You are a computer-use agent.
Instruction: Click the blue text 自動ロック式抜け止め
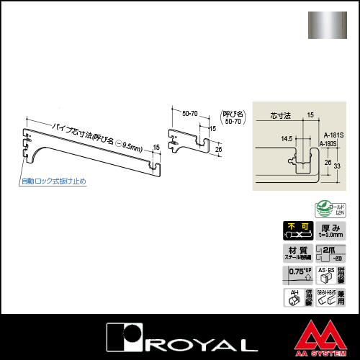click(54, 181)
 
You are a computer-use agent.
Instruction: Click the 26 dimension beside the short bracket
click(218, 150)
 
